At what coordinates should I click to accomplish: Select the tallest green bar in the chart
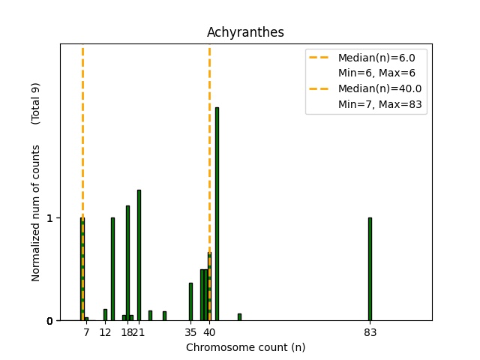(x=217, y=214)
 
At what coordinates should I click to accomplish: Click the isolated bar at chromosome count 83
(x=370, y=268)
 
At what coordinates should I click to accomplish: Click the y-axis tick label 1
(x=49, y=218)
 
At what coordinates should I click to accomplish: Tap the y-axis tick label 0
(x=49, y=321)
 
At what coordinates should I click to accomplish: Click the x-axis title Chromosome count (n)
(x=245, y=347)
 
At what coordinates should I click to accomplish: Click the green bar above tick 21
(x=139, y=255)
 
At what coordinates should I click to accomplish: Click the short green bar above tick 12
(x=105, y=315)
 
